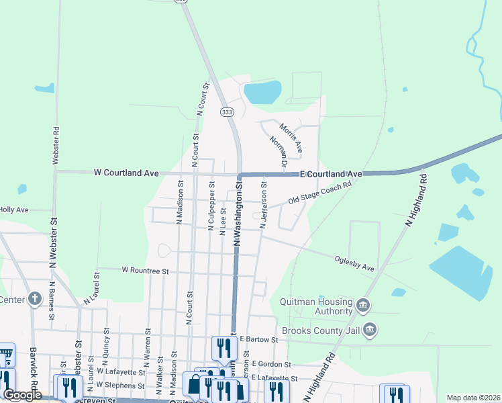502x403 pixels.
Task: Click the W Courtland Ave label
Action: (126, 173)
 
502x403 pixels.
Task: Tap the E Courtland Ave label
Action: (331, 174)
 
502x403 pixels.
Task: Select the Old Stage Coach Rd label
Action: (320, 193)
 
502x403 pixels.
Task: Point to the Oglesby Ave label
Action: (354, 263)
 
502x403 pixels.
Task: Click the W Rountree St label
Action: (144, 270)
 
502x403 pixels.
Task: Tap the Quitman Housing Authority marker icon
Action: (363, 306)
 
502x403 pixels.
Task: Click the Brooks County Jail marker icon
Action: (369, 330)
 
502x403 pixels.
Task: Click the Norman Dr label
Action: (278, 151)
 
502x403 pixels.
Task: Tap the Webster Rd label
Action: (55, 146)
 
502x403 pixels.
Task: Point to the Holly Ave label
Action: (13, 210)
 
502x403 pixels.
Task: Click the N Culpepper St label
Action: (212, 202)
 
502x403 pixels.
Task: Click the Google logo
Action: (22, 395)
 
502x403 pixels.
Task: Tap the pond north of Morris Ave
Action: (262, 92)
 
